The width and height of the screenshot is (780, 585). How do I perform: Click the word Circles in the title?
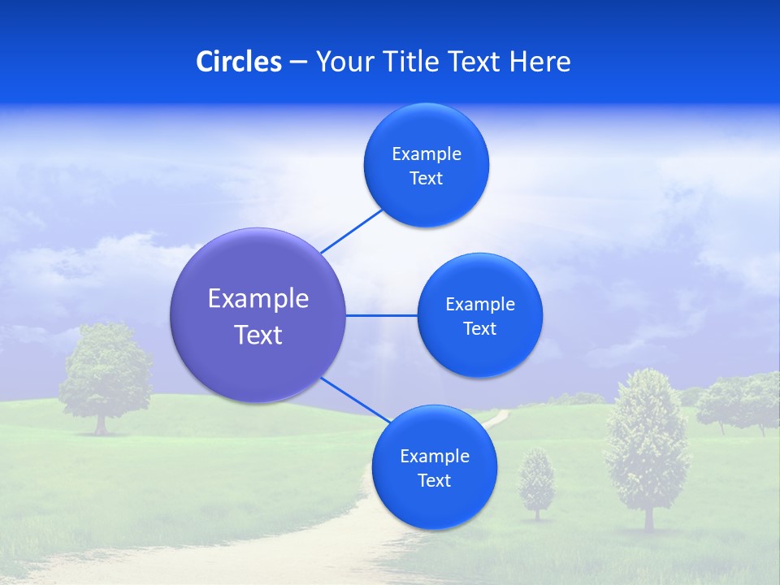point(238,62)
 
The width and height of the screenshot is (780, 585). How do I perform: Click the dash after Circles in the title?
point(297,63)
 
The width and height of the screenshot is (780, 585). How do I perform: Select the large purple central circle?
point(258,315)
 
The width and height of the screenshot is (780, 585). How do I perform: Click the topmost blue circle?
point(426,165)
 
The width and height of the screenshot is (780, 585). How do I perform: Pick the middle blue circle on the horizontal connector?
point(479,315)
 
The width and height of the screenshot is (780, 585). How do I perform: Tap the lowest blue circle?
point(434,467)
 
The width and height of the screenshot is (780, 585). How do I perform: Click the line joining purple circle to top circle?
point(351,231)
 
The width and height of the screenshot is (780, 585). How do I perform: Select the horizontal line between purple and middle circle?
point(381,315)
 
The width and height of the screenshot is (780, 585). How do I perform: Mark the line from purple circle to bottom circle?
point(355,401)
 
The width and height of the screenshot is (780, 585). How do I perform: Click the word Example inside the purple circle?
point(258,298)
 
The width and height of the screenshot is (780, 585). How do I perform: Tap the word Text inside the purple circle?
point(258,334)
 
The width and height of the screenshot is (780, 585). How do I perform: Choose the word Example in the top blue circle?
point(426,154)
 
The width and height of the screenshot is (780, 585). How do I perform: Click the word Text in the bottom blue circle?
point(434,480)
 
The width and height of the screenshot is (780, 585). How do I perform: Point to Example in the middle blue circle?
point(479,304)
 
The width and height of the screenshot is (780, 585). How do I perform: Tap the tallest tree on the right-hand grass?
point(648,443)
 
